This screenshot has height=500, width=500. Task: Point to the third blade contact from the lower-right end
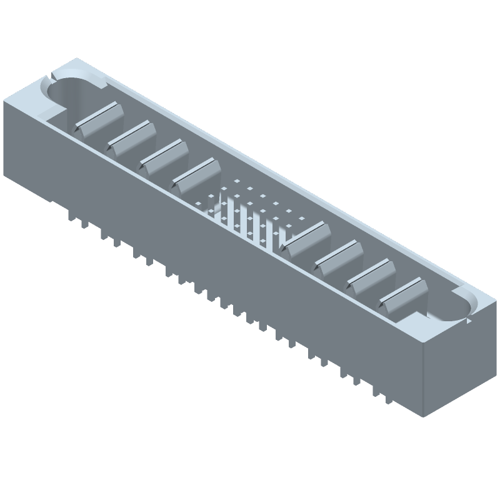coord(340,258)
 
